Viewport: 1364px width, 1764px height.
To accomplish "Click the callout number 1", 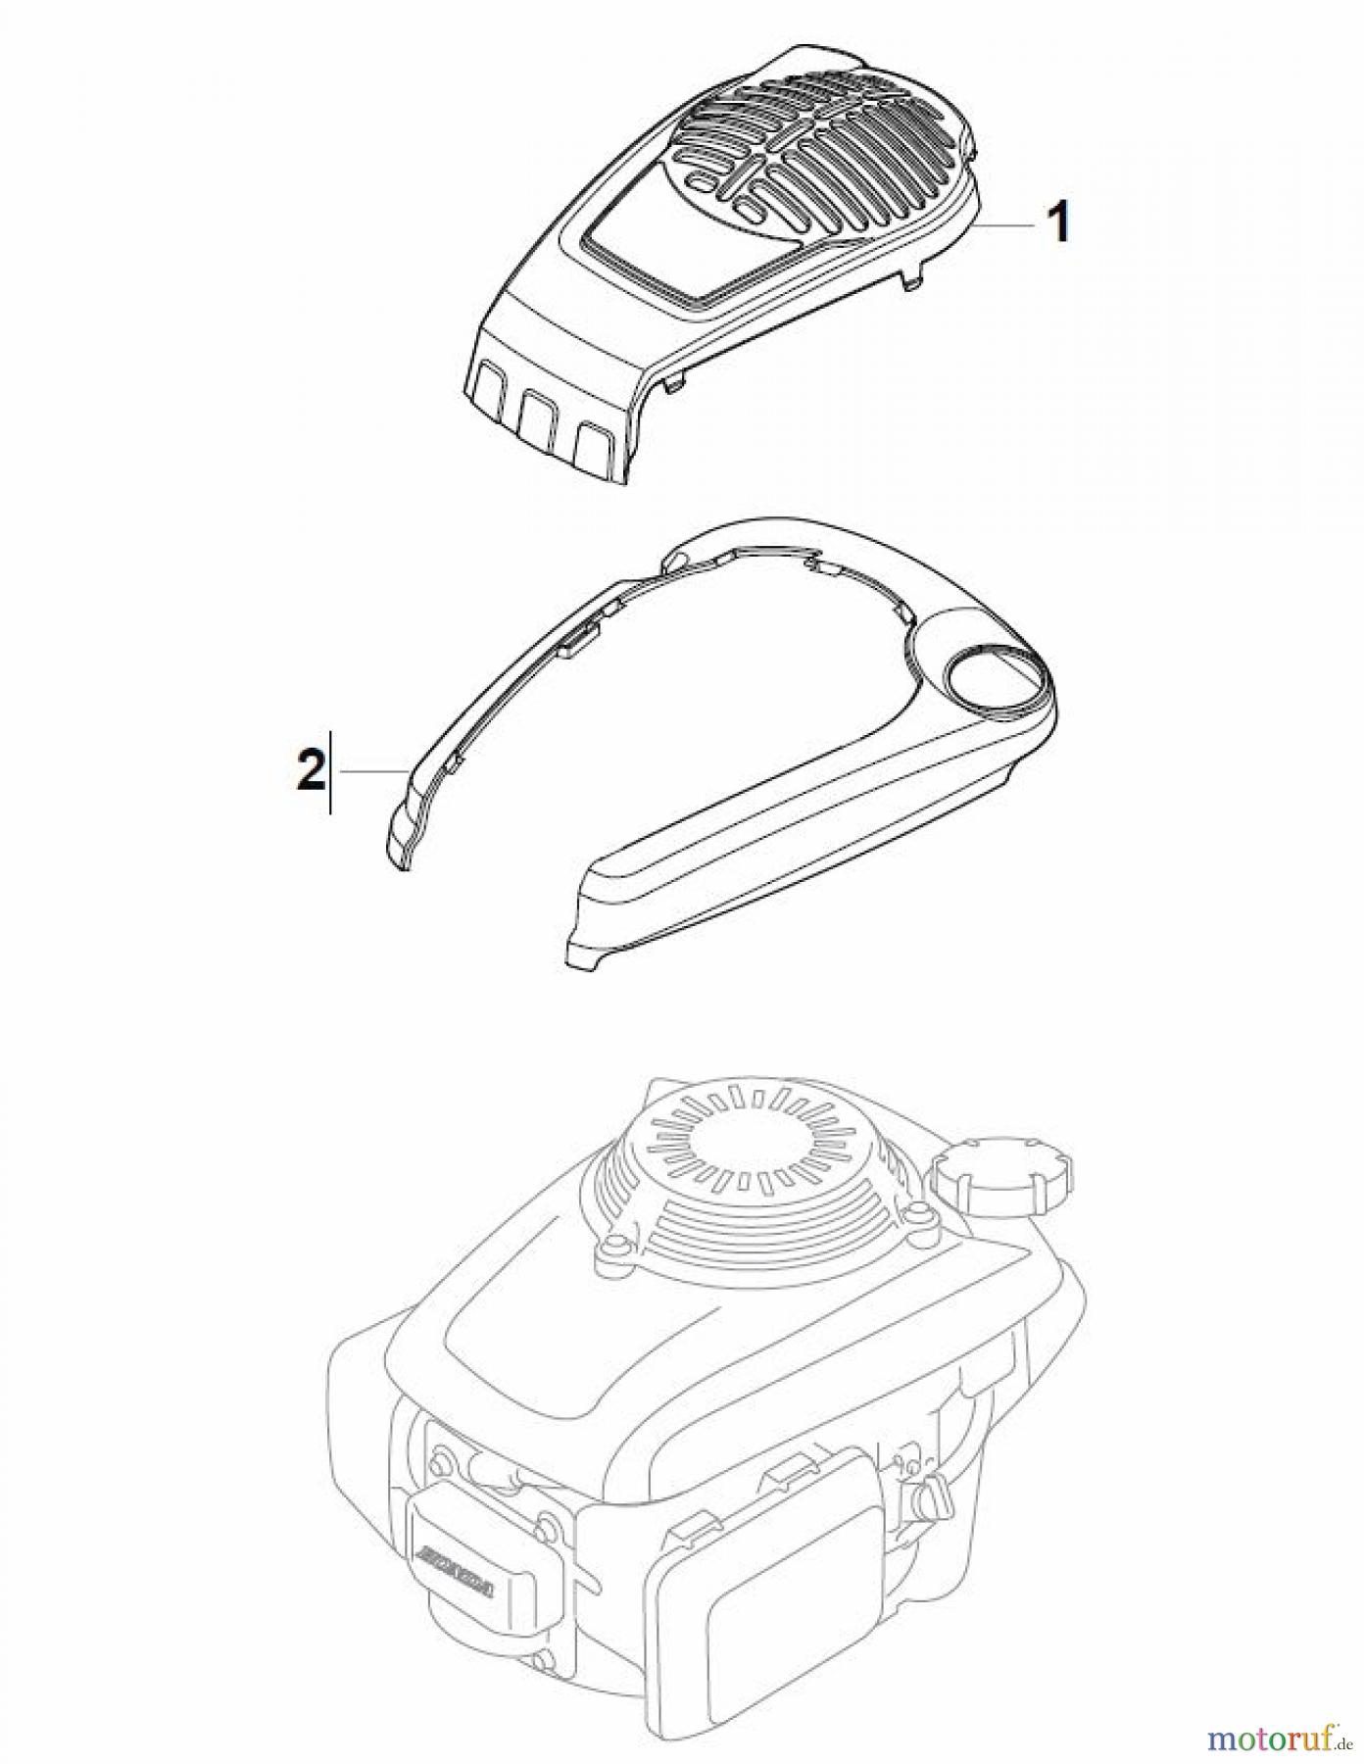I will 1057,223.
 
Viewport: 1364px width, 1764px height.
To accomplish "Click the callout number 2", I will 310,770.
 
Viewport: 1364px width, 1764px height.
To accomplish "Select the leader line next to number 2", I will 370,772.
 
